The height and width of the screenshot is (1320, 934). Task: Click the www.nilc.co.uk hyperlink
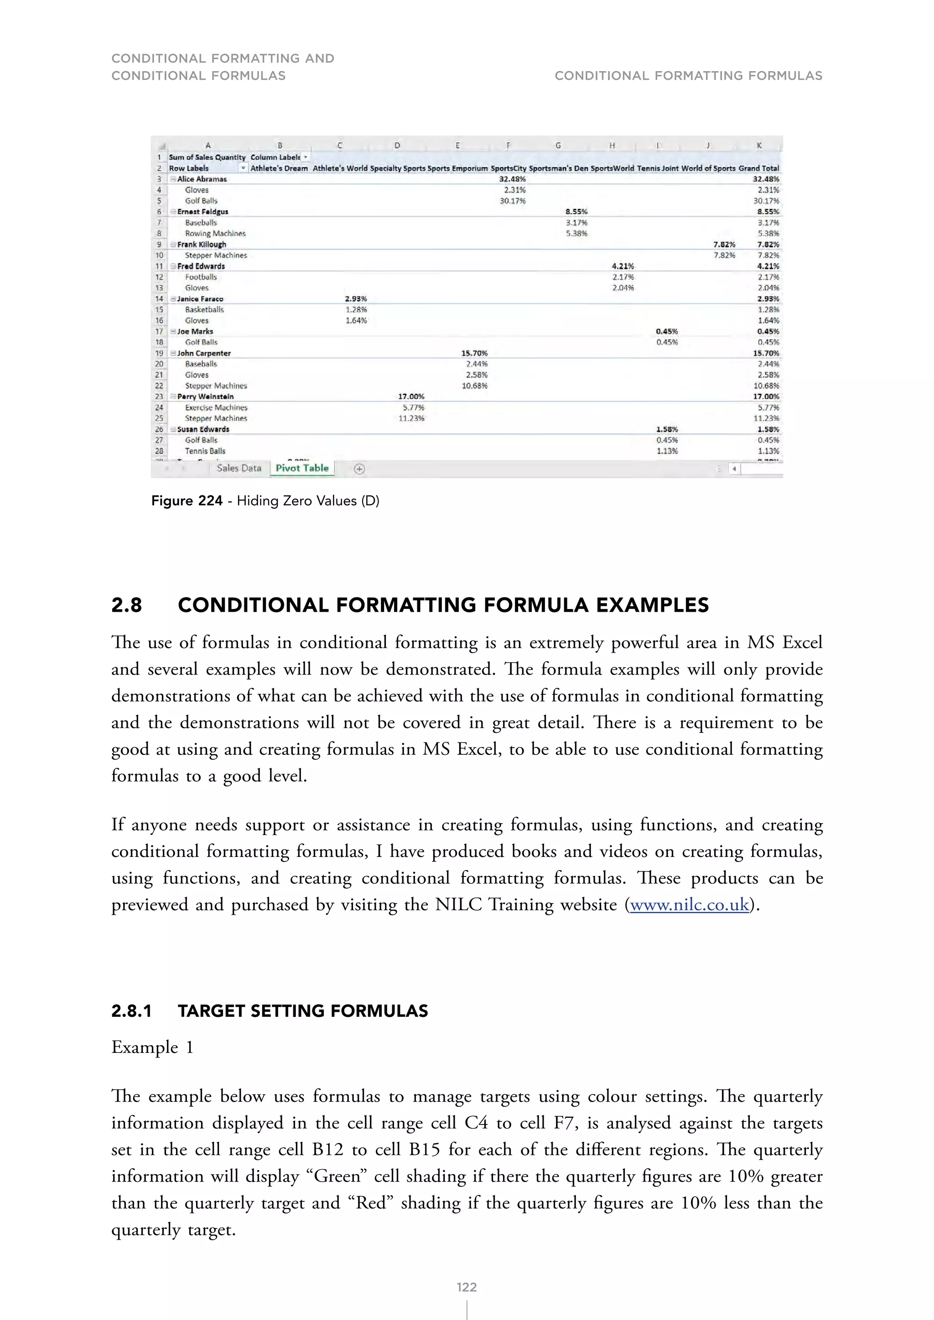(x=689, y=905)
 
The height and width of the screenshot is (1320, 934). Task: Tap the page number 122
(x=467, y=1287)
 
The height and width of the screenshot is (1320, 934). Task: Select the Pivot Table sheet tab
(x=302, y=468)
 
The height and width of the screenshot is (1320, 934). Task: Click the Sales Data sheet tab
(x=239, y=468)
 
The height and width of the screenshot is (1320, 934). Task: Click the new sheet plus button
(x=359, y=469)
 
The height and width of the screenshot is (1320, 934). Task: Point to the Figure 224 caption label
(x=187, y=501)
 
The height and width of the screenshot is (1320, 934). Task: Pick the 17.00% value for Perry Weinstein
(x=411, y=397)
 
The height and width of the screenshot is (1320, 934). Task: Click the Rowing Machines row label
(x=215, y=233)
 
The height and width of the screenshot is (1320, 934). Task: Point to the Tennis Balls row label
(x=205, y=451)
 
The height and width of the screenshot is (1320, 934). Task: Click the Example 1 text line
(x=152, y=1047)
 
